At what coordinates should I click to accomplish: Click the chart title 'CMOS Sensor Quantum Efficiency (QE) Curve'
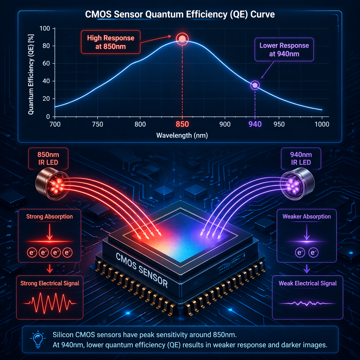[x=180, y=14]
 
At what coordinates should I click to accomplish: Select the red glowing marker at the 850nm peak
[x=182, y=39]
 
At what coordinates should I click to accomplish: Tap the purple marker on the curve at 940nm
[x=255, y=85]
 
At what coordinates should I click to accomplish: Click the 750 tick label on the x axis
[x=98, y=124]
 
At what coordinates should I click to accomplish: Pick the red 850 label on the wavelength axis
[x=182, y=124]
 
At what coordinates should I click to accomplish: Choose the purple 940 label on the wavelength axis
[x=255, y=124]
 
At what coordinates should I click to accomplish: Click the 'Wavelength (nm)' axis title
[x=182, y=135]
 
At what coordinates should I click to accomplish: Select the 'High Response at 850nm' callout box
[x=111, y=42]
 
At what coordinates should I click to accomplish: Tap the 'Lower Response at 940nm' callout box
[x=284, y=50]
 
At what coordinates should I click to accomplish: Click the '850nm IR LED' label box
[x=48, y=158]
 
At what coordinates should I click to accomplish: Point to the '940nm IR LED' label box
[x=301, y=158]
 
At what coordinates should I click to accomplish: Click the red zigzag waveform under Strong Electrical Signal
[x=50, y=303]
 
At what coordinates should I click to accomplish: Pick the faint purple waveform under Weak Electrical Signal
[x=307, y=303]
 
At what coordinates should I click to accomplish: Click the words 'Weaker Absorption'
[x=307, y=216]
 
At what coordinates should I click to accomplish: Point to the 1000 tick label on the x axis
[x=322, y=124]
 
